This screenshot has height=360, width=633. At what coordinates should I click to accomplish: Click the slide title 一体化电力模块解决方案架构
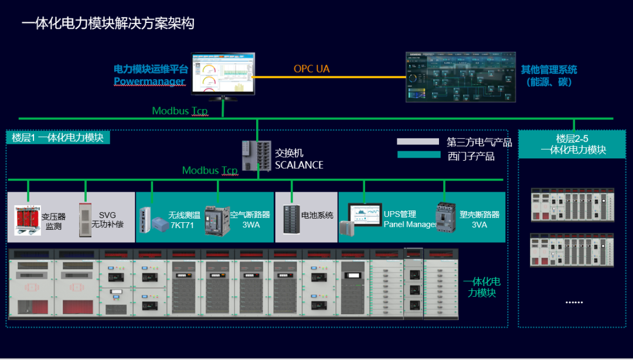click(x=108, y=24)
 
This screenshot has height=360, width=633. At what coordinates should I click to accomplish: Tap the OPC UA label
click(x=311, y=69)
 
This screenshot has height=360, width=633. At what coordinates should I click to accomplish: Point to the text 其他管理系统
click(x=549, y=70)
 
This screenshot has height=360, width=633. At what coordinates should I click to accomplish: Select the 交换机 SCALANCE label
click(x=299, y=159)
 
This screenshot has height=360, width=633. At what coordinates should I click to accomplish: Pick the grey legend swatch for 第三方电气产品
click(x=418, y=141)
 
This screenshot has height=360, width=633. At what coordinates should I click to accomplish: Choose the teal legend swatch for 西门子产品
click(x=418, y=155)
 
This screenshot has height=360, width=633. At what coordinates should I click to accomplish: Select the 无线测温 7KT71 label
click(x=184, y=220)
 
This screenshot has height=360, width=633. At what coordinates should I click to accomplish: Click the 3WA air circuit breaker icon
click(x=216, y=220)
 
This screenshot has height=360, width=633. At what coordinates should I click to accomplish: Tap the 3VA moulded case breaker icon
click(x=446, y=218)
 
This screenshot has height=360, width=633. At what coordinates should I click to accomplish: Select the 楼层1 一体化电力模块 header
click(x=58, y=138)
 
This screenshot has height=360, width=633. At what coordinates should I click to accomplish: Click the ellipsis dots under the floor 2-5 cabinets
click(x=574, y=301)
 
